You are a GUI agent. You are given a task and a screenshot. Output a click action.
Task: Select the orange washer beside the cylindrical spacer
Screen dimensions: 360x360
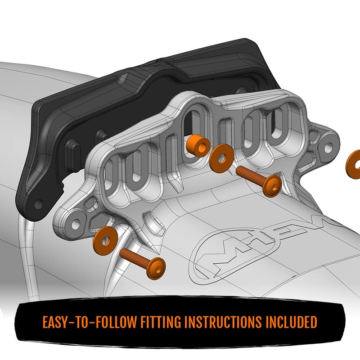tap(220, 155)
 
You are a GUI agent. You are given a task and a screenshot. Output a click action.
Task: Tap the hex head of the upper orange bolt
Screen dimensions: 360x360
tap(274, 184)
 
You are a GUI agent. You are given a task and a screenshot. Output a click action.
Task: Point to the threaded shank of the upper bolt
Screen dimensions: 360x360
tap(251, 175)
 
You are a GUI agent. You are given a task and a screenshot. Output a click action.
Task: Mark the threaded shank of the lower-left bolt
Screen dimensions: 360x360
tap(135, 257)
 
